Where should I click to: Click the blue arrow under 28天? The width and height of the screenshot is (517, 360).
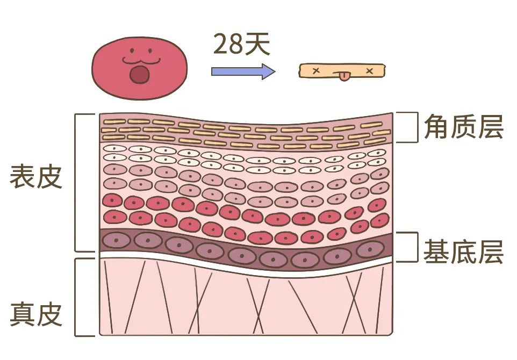(x=243, y=71)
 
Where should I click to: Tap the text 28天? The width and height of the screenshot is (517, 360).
(x=242, y=44)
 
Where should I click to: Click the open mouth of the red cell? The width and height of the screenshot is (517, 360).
(x=139, y=75)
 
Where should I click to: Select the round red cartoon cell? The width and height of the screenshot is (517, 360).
(x=140, y=68)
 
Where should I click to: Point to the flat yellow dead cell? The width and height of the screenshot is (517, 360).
(x=342, y=71)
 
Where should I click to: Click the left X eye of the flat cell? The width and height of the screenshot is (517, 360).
(x=316, y=70)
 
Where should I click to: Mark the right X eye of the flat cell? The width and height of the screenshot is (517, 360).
(x=370, y=71)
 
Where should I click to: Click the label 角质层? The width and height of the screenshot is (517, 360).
(x=464, y=127)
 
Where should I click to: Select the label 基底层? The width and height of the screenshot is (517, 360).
(x=464, y=252)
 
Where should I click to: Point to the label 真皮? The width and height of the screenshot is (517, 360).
(x=36, y=314)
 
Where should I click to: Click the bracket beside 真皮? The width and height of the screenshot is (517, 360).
(x=75, y=297)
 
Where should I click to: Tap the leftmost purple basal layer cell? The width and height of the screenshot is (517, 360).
(x=116, y=240)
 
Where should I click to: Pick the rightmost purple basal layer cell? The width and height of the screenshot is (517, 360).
(x=370, y=249)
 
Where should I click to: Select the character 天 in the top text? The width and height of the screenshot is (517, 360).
(x=257, y=44)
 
